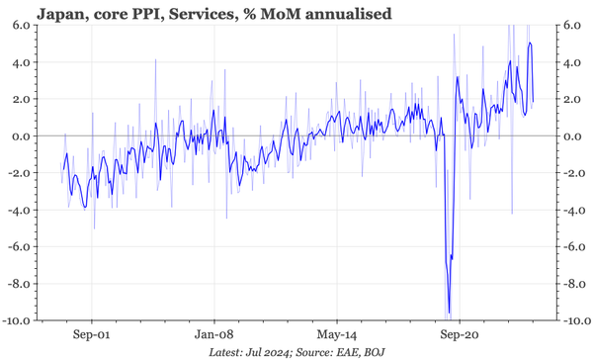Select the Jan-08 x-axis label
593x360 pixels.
click(x=214, y=333)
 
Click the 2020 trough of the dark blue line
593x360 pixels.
click(x=449, y=314)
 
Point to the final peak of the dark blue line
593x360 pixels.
click(x=531, y=43)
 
